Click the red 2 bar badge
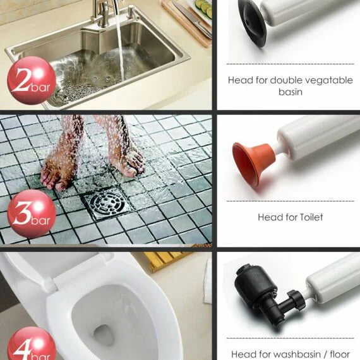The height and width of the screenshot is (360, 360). point(32,80)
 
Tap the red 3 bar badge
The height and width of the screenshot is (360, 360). point(32,214)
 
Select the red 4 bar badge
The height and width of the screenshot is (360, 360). point(32,344)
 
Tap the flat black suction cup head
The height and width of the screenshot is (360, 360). point(253,23)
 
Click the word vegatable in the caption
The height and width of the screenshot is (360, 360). point(329,81)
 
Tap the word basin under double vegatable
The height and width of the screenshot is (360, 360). point(291,92)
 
